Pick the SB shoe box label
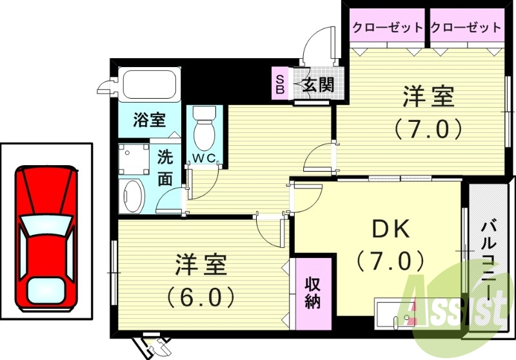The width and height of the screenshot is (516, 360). (x=280, y=84)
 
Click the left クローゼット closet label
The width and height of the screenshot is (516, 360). (x=388, y=27)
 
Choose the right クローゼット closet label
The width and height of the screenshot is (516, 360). (x=466, y=27)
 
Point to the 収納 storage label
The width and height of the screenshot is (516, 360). (x=313, y=292)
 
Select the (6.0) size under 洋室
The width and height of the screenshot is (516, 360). (x=200, y=297)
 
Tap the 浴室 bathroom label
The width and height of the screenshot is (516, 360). (x=149, y=119)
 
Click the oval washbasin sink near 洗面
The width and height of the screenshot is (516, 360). (x=134, y=195)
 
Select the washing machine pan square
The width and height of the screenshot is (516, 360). (x=133, y=158)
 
